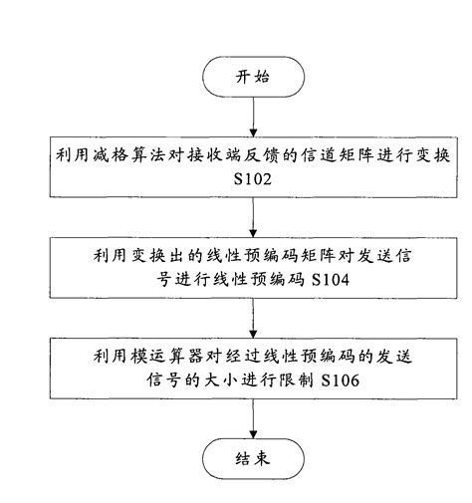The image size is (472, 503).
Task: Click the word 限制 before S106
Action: click(x=286, y=380)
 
